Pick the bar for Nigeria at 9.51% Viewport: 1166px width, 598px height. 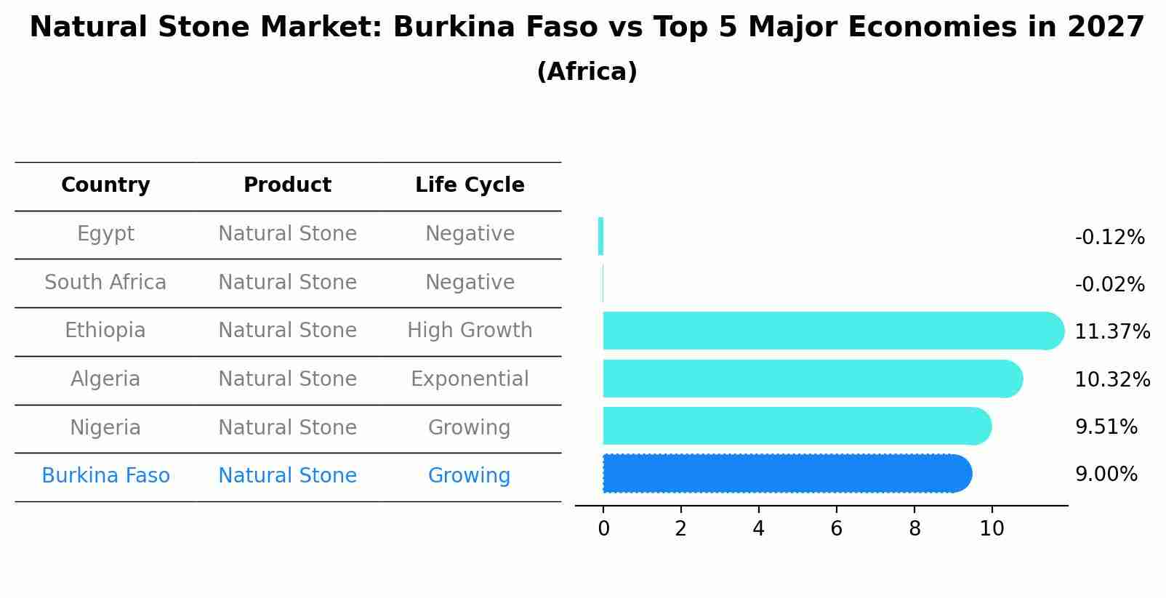click(796, 426)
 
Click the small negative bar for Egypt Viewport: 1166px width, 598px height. click(600, 236)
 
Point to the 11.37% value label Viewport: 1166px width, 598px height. click(1111, 332)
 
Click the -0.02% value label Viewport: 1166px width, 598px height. click(1109, 285)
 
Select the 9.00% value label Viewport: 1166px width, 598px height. click(1106, 474)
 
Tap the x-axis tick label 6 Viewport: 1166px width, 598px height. click(836, 529)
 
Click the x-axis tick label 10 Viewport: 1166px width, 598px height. click(992, 529)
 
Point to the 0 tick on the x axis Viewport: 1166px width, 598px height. click(603, 529)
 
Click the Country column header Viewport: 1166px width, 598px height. click(105, 185)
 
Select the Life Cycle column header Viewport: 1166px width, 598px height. click(470, 185)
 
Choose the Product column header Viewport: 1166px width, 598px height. click(287, 185)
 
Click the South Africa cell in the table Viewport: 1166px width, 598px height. click(105, 282)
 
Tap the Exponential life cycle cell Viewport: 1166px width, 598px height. click(470, 379)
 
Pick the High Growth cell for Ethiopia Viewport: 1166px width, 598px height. click(470, 331)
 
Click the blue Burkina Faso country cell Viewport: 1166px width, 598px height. click(105, 476)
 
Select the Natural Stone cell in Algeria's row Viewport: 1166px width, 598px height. click(287, 379)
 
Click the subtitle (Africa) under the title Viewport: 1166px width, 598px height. click(587, 72)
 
